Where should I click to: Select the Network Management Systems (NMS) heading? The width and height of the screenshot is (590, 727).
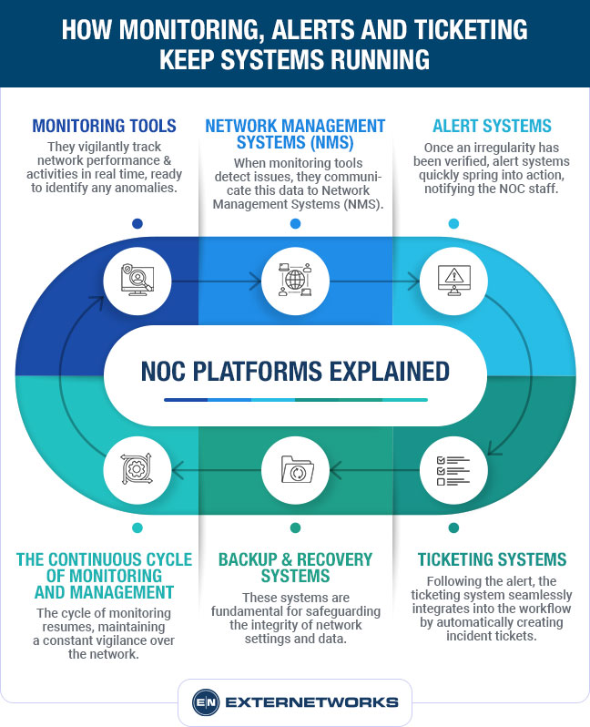(295, 134)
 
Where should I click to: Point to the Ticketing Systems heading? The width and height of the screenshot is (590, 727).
(492, 559)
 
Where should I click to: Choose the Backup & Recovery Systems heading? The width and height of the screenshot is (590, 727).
(295, 568)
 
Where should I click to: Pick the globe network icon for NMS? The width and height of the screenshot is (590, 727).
(295, 277)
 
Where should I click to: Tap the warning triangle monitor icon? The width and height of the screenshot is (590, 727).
(453, 277)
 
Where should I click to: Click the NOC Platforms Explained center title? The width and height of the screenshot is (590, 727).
(295, 372)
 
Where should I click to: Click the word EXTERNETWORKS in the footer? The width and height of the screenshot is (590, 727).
(312, 702)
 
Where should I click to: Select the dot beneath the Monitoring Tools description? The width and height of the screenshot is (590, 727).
(137, 223)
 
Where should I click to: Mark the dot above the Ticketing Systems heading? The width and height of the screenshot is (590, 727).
(453, 527)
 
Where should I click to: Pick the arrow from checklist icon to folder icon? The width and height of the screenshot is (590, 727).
(374, 471)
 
